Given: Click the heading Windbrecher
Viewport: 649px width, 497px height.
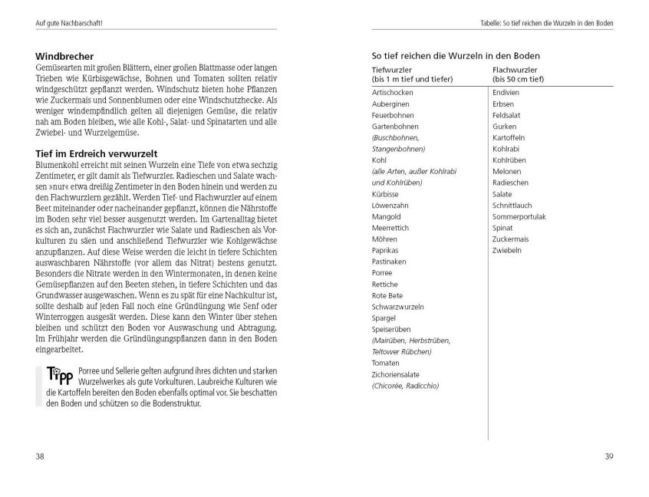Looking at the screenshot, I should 65,57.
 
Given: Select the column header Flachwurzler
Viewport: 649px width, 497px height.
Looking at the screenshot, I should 512,70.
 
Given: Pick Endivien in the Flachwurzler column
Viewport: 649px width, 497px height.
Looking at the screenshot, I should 507,92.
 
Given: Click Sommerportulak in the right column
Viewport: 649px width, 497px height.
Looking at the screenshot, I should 519,217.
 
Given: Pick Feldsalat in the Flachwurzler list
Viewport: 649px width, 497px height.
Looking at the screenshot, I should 507,114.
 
